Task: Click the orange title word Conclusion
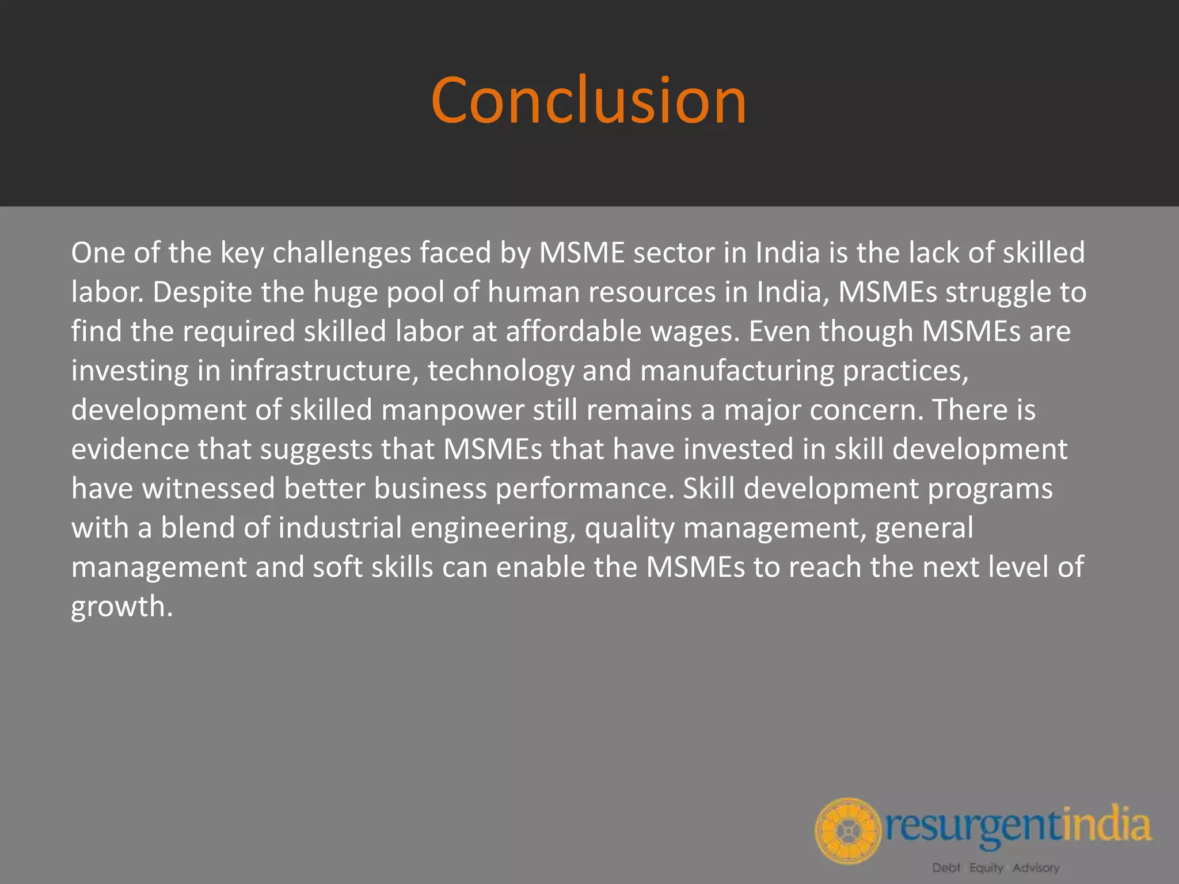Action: pos(588,101)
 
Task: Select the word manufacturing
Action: pos(737,371)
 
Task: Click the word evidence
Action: pos(130,449)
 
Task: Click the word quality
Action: pos(630,528)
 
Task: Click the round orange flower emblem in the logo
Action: pos(847,831)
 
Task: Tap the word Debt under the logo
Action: pos(946,868)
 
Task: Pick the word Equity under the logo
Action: pos(986,868)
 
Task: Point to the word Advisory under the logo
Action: pos(1036,868)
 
